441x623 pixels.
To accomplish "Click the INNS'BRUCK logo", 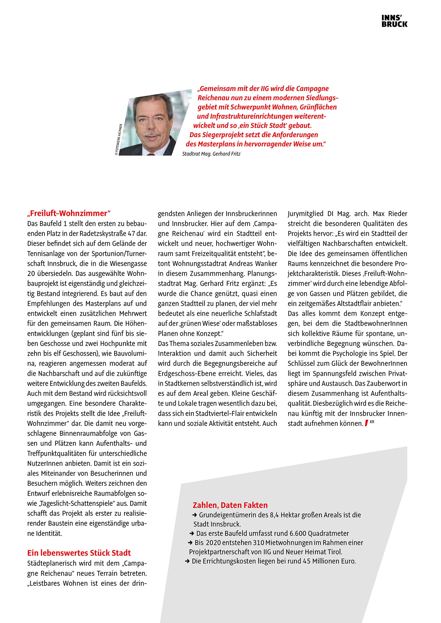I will pos(394,21).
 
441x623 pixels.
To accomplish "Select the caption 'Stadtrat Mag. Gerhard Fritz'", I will pos(211,154).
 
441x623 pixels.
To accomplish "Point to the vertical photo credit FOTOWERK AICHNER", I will pos(118,139).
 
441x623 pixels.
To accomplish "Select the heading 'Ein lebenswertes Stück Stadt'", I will pos(79,553).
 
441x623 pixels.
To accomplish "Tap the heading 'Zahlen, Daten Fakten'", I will pos(230,505).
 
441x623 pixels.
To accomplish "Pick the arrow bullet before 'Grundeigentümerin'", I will pos(195,515).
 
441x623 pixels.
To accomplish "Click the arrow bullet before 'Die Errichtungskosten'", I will pos(187,561).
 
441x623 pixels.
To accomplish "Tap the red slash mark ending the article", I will pos(366,423).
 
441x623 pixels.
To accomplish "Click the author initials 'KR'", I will pos(372,422).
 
